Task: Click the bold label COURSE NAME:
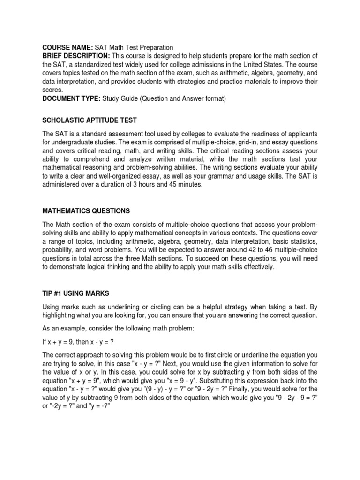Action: pos(67,47)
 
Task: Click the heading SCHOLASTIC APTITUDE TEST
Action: pos(90,120)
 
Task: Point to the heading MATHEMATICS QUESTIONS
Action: pos(86,210)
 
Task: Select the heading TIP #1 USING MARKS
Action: pos(75,293)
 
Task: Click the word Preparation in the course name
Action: pos(155,47)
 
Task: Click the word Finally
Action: pos(239,389)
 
